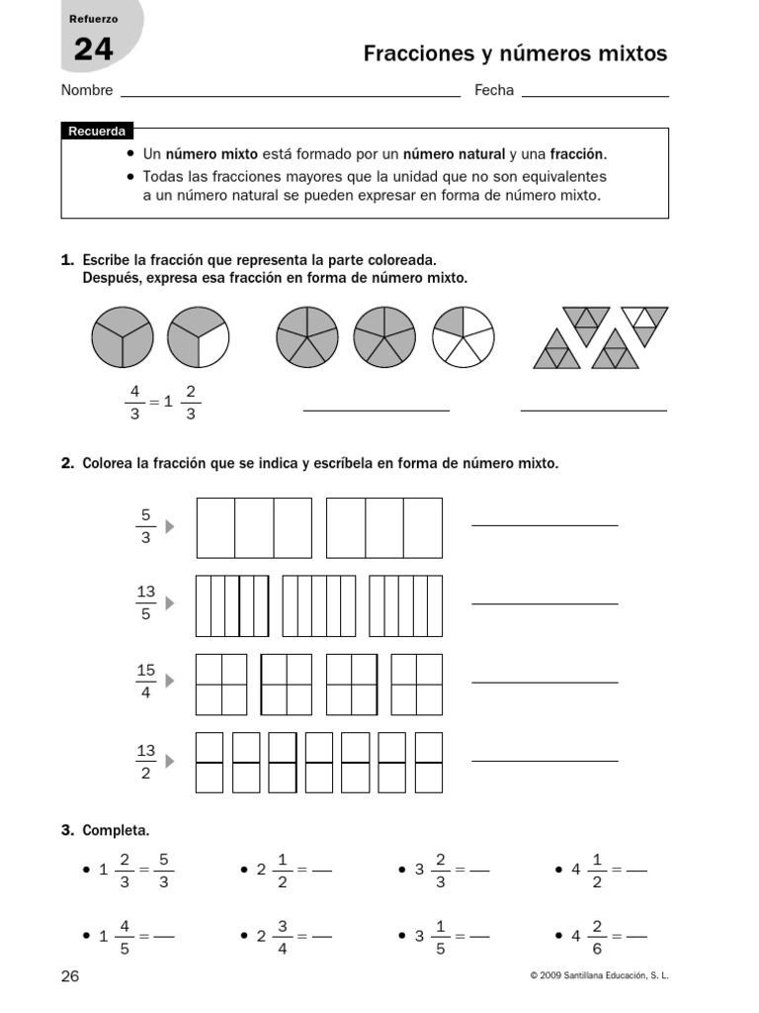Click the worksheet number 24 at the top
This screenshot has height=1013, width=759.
(93, 48)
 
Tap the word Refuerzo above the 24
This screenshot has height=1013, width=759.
(94, 19)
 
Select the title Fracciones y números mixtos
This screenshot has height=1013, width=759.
(515, 53)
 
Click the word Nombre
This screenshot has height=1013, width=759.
(87, 91)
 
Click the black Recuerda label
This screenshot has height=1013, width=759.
(97, 132)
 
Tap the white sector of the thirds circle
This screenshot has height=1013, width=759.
(211, 340)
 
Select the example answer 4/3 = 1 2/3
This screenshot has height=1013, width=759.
(162, 402)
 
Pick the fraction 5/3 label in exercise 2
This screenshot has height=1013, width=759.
(145, 526)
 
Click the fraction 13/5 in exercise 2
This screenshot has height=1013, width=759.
(145, 602)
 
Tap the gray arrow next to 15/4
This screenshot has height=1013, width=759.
(170, 681)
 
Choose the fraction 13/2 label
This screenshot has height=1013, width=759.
(145, 761)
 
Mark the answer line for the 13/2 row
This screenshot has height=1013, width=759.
(545, 760)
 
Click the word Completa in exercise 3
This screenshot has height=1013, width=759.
(116, 830)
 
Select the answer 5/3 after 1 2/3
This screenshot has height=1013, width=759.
(163, 870)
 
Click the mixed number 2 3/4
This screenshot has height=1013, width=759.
(274, 935)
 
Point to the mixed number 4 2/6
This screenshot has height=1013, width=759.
(588, 935)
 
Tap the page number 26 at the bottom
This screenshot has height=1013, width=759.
(70, 976)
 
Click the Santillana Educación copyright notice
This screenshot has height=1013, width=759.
(599, 976)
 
